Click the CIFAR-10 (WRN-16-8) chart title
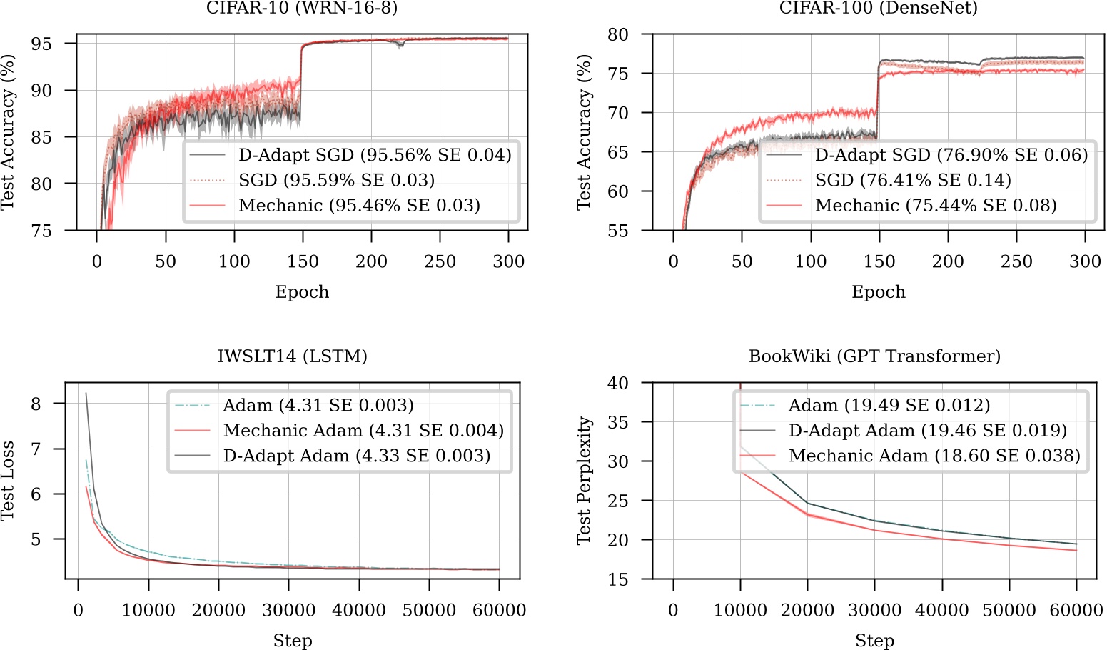[x=302, y=8]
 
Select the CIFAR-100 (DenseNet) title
[x=878, y=8]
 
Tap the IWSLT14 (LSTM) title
[x=293, y=356]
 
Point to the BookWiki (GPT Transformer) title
[x=874, y=356]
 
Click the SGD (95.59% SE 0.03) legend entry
[x=336, y=180]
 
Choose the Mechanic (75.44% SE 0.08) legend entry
[x=935, y=206]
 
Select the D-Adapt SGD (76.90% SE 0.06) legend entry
[x=951, y=155]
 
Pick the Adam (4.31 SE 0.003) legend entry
[x=318, y=406]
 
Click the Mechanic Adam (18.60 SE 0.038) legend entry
[x=934, y=456]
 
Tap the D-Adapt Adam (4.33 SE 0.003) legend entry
[x=356, y=456]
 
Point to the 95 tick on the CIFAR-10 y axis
[x=41, y=44]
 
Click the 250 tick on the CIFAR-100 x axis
[x=1016, y=261]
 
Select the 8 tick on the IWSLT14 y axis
[x=36, y=404]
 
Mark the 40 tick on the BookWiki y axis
[x=617, y=383]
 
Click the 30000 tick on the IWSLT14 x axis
[x=288, y=610]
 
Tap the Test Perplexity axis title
[x=584, y=481]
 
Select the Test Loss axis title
[x=8, y=481]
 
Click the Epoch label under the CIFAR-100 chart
[x=878, y=292]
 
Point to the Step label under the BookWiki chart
[x=874, y=641]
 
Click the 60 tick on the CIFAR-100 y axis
[x=617, y=191]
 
